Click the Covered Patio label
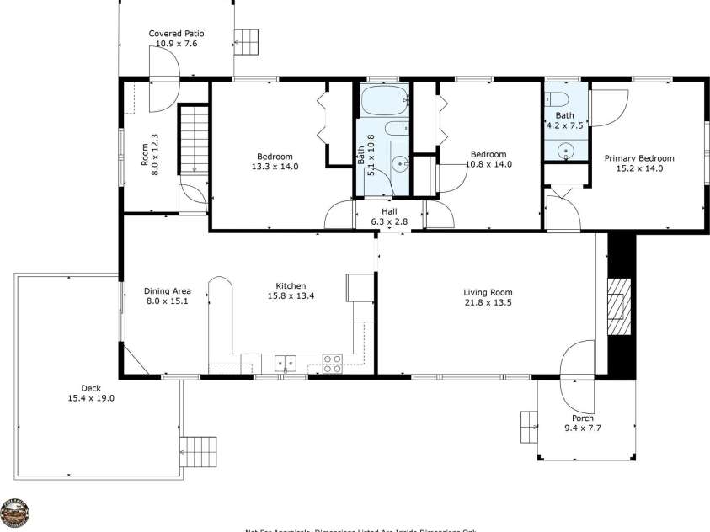(177, 34)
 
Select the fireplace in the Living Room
(620, 306)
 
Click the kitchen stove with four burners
(333, 364)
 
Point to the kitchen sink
(285, 364)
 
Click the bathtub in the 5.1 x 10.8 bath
(383, 103)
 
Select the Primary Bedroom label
(638, 157)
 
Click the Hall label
(389, 211)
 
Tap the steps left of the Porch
(529, 425)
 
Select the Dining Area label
(168, 290)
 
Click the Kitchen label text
(291, 285)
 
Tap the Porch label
(582, 418)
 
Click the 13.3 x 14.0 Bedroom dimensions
(275, 167)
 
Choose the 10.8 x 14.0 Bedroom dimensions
(488, 164)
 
